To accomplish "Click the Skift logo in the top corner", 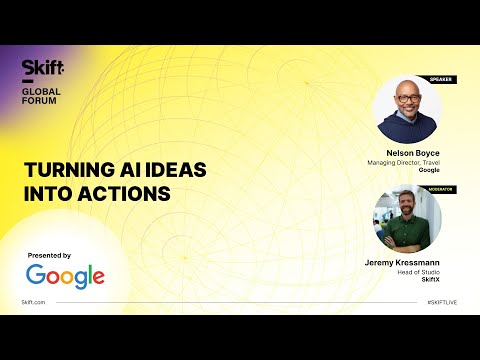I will [43, 67].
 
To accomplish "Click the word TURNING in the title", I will [61, 170].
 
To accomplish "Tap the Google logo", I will [65, 276].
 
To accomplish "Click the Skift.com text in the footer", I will [34, 301].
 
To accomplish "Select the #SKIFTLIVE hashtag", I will [442, 301].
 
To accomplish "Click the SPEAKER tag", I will [440, 79].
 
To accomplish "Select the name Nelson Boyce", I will [414, 154].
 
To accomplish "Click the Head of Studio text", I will [418, 272].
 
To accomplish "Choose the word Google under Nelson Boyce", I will [429, 171].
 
